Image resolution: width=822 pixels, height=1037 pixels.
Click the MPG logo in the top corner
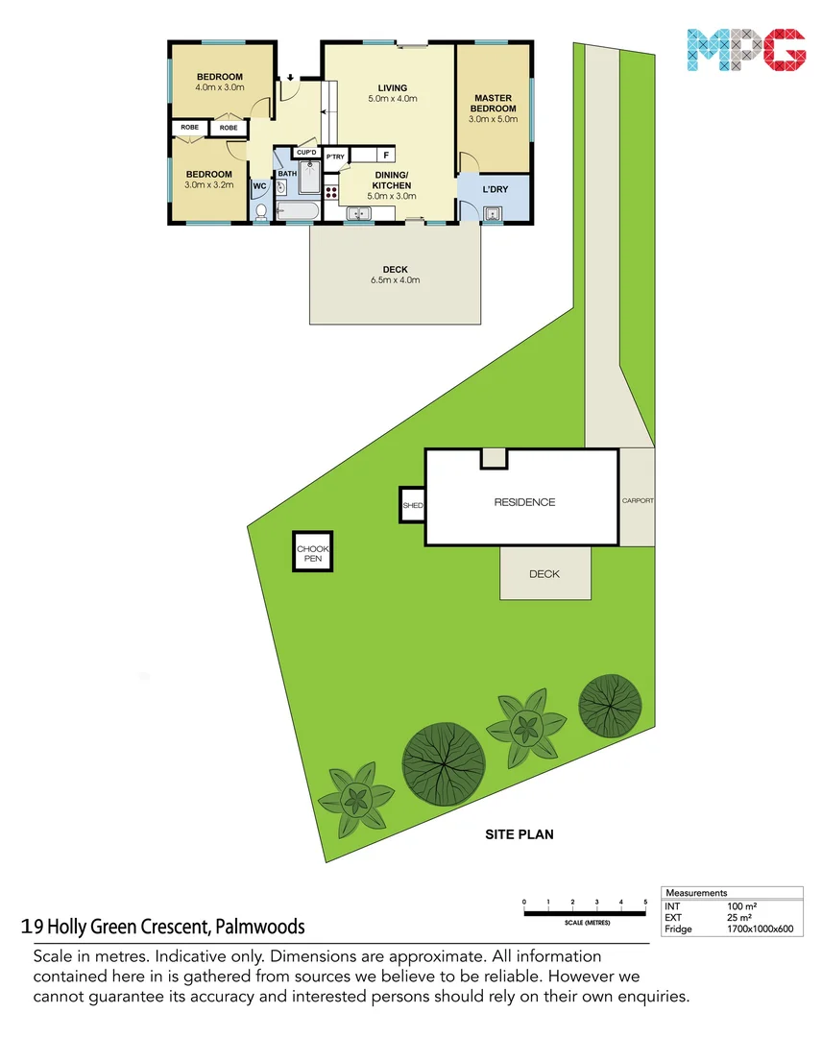(x=746, y=52)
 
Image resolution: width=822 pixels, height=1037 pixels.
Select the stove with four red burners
(x=332, y=191)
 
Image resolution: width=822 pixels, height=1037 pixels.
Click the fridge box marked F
(x=386, y=155)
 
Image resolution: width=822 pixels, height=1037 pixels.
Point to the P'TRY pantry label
(x=335, y=157)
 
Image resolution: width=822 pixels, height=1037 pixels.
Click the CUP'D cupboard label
(x=306, y=152)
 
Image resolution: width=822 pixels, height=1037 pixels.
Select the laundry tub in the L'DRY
(x=493, y=213)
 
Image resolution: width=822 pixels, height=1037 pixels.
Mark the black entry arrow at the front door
(x=289, y=80)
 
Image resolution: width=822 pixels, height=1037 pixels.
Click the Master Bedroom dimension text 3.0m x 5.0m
(x=493, y=120)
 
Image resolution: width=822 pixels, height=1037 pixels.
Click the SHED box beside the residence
(x=412, y=504)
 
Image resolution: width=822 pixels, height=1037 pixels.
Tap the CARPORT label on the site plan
(x=638, y=501)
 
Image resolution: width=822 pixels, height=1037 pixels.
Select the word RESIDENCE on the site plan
(x=524, y=502)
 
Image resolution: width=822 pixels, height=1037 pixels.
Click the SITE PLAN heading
(x=519, y=834)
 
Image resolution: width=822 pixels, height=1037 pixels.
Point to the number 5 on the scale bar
(x=645, y=902)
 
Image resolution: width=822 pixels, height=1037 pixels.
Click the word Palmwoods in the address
(x=260, y=927)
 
